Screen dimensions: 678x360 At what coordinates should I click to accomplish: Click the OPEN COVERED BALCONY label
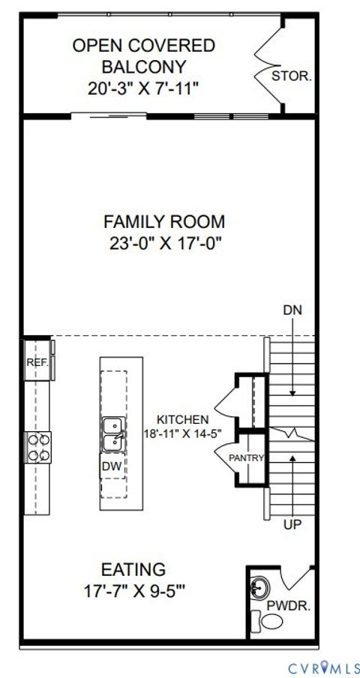click(143, 56)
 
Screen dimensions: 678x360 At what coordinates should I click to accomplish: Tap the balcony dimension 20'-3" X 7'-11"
click(143, 88)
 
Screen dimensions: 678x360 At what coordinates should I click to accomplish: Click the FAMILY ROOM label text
click(163, 222)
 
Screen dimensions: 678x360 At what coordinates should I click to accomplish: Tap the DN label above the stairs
click(292, 310)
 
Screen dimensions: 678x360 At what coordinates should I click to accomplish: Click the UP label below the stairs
click(292, 525)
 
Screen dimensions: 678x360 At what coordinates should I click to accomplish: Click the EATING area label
click(133, 569)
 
